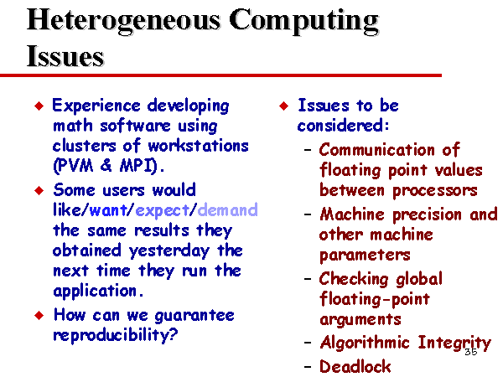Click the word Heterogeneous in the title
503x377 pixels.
124,21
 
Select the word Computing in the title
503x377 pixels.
304,21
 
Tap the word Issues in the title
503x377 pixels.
65,56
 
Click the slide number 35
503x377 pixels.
471,352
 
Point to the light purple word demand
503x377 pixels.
227,210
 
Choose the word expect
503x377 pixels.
163,211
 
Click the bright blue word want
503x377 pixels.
108,210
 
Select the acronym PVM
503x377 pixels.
74,166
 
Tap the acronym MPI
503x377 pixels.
138,166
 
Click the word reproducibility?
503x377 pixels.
116,335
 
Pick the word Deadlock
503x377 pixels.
355,366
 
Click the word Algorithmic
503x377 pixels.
365,343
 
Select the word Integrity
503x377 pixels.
454,343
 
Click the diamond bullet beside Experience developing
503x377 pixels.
39,106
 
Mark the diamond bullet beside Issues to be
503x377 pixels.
284,106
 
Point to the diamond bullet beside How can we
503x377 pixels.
39,316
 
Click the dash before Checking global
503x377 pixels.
308,279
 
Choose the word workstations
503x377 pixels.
198,146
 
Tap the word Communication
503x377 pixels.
377,150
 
